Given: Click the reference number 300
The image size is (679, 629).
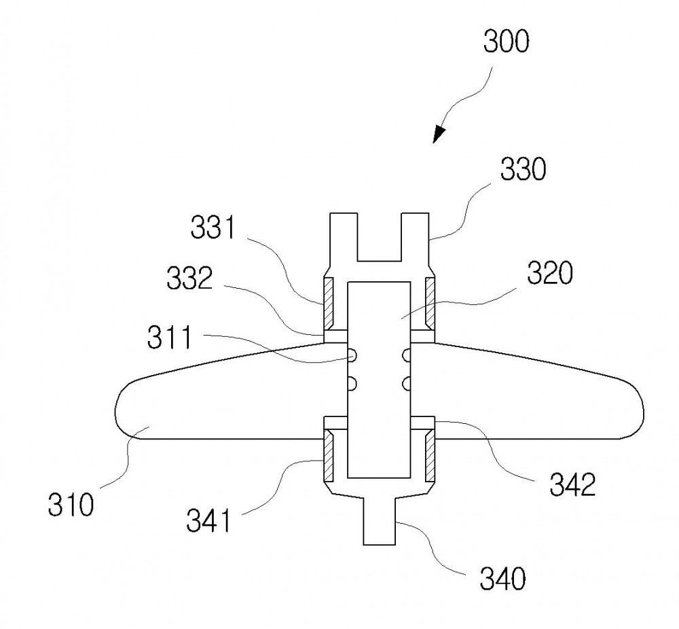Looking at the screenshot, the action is coord(506,41).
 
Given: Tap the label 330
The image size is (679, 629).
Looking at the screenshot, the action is coord(523,169).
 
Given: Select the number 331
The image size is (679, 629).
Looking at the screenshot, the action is coord(213,228).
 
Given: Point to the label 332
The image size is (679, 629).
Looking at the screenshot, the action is coord(189,278).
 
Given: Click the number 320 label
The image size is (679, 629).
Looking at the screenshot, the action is coord(550,273).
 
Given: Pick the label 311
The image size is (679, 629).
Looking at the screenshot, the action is coord(169,338).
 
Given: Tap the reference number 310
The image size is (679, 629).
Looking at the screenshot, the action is coord(71,504).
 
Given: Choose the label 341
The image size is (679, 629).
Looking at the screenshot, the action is coord(209,521).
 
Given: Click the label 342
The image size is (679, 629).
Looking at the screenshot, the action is coord(573,484).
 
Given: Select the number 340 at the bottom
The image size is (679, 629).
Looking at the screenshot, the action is coord(502,579).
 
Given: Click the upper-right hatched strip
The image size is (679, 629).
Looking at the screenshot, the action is coord(430,303).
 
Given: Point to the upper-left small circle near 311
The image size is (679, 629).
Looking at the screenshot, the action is coord(352,356).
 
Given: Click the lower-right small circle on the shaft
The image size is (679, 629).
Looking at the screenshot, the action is coord(406,383).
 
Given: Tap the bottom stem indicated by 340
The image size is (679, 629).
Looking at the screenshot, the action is coord(380,521).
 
